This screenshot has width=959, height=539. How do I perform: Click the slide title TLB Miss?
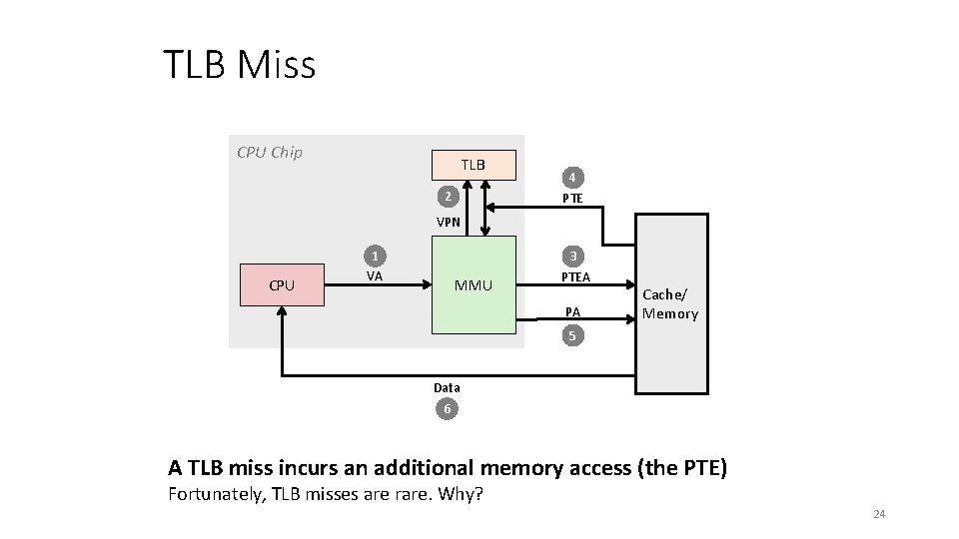[240, 66]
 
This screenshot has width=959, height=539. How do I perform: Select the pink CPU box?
[282, 285]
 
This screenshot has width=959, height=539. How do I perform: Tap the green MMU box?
[474, 285]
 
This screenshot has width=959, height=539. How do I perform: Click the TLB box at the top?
[474, 164]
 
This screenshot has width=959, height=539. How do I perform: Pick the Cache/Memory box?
[670, 305]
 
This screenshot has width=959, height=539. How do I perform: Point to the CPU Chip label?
[270, 153]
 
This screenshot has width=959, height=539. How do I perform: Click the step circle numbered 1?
[375, 255]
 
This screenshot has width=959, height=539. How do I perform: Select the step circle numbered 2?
[450, 197]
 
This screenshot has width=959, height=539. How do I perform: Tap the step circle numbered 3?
[572, 255]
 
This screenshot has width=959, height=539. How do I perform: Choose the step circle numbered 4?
[572, 178]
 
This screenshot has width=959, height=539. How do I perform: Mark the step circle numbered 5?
[572, 336]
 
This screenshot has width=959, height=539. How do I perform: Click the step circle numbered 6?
[448, 409]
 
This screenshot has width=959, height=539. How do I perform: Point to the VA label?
[375, 276]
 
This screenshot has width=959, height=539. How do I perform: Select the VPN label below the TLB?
[448, 223]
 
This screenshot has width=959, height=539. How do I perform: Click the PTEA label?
[575, 276]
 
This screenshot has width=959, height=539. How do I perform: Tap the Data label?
[448, 387]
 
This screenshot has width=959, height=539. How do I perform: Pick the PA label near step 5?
[572, 313]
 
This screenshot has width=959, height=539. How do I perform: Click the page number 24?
[879, 514]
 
